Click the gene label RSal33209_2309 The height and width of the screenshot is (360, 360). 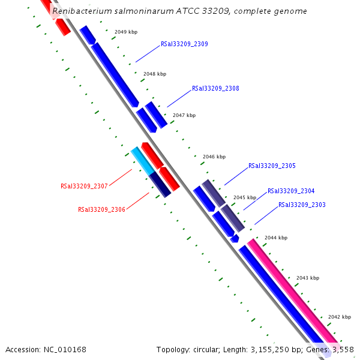pos(184,44)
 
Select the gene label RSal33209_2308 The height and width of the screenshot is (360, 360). pos(215,88)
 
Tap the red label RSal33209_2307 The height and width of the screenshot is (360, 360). pos(84,186)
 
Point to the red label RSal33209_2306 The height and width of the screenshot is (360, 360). pos(101,209)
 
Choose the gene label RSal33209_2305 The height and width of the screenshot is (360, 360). pos(272,166)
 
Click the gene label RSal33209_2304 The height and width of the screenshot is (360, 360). pos(291,191)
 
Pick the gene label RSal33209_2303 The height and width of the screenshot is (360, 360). pos(302,205)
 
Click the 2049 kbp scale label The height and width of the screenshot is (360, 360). pos(126,32)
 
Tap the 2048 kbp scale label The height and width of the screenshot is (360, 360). pos(155,74)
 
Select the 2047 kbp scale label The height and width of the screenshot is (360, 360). pos(184,115)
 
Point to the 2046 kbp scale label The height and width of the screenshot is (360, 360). pos(214,157)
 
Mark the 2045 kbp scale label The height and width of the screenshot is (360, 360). pos(245,197)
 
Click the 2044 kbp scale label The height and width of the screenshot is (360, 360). pos(276,238)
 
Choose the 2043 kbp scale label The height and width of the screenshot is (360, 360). pos(308,278)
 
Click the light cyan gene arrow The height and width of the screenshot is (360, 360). pos(142,160)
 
